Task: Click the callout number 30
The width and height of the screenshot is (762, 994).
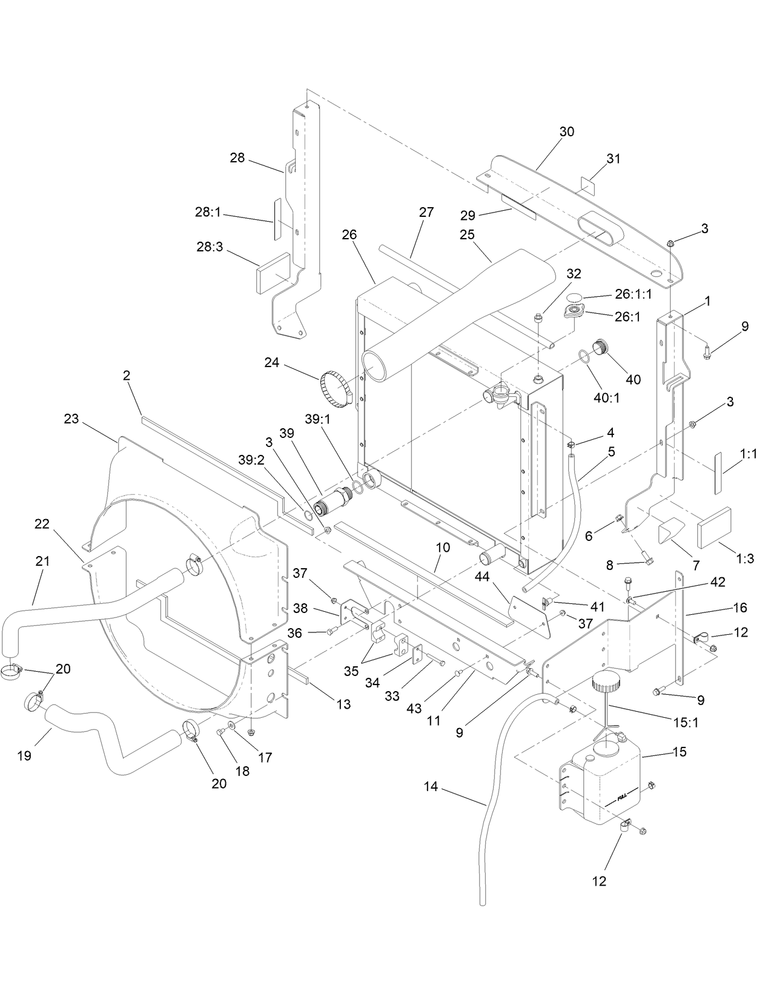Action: [567, 131]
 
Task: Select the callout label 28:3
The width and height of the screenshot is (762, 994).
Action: [210, 248]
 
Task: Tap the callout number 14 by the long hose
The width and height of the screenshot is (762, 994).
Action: [431, 787]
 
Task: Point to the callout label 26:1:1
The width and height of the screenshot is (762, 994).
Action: [634, 295]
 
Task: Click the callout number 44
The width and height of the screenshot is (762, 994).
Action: [482, 577]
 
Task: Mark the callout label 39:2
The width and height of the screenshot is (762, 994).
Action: [251, 460]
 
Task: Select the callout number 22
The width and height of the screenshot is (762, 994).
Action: [41, 524]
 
